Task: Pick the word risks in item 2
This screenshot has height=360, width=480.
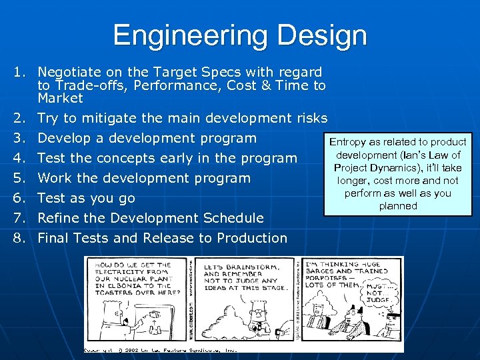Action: click(x=309, y=119)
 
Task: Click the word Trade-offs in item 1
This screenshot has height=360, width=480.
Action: click(x=88, y=85)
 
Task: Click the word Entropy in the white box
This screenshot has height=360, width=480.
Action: click(x=348, y=142)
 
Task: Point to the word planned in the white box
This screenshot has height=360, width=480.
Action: click(x=398, y=206)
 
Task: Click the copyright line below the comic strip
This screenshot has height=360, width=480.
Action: click(x=160, y=349)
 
